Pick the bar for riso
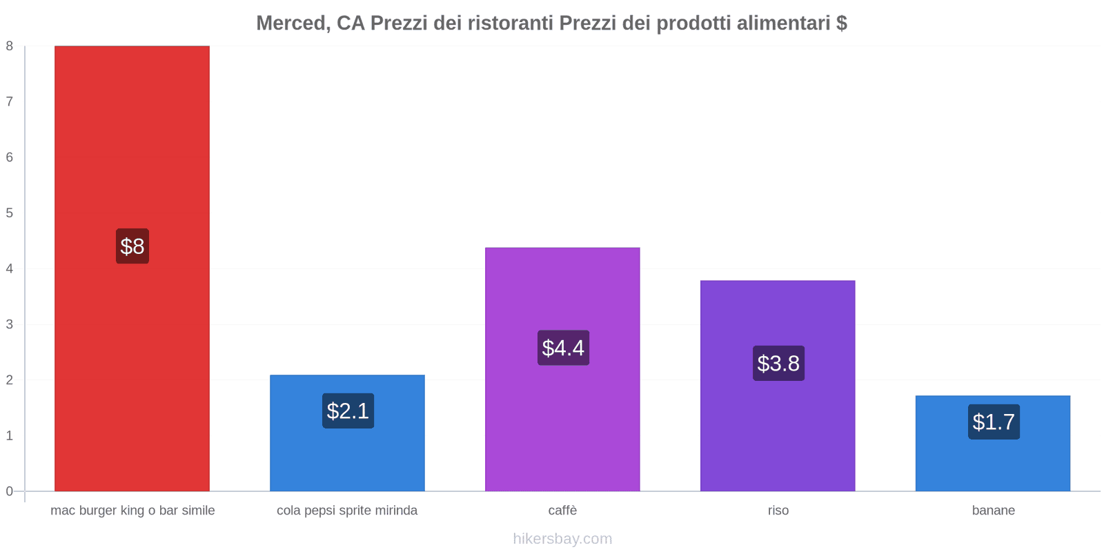tap(778, 428)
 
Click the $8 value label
tap(132, 246)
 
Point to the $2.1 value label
tap(348, 411)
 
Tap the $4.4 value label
tap(563, 348)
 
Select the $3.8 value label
tap(778, 363)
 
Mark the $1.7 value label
tap(994, 422)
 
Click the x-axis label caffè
tap(562, 511)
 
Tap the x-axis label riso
tap(778, 511)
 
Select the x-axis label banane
tap(993, 511)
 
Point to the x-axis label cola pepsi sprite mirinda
tap(347, 511)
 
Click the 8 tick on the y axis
tap(10, 46)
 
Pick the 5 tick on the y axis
tap(10, 213)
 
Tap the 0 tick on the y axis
tap(10, 491)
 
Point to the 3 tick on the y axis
tap(10, 324)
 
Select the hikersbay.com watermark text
tap(562, 539)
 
